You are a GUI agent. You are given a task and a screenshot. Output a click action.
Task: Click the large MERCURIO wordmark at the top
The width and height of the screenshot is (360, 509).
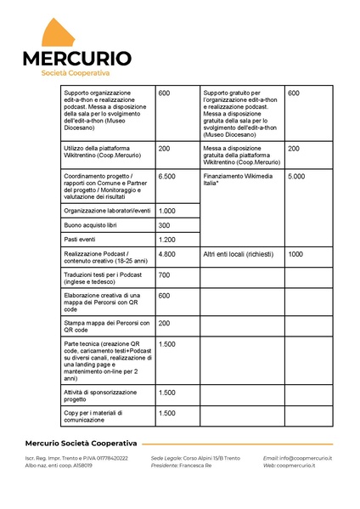[76, 59]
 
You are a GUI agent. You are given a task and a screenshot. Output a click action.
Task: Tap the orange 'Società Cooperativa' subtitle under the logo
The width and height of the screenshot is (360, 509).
[76, 74]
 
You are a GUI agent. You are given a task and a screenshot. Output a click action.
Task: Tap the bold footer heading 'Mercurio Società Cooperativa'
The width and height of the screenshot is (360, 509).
[81, 444]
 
